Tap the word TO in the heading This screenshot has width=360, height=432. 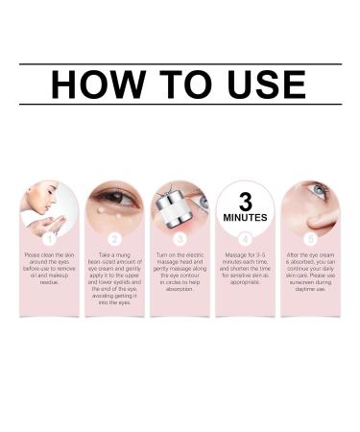pos(174,84)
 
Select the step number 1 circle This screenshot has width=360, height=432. pos(49,237)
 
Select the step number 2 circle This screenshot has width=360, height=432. pos(114,237)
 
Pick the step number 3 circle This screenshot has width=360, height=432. pos(180,237)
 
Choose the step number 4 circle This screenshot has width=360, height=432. pos(245,237)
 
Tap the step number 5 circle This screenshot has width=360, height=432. pos(309,237)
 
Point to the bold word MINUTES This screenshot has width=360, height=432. pos(245,218)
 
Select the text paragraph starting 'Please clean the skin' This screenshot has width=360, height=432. pos(49,269)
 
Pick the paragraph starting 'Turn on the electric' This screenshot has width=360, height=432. pos(180,272)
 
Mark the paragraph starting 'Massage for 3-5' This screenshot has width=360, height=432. pos(245,269)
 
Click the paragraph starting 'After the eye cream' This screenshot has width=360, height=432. pos(309,272)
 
